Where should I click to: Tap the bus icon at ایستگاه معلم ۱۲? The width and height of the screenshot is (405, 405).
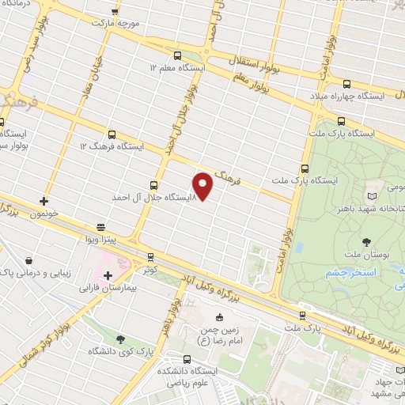pyautogui.click(x=177, y=56)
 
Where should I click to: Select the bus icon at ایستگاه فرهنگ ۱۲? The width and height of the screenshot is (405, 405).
pyautogui.click(x=112, y=134)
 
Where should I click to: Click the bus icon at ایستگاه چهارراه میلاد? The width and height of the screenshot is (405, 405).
pyautogui.click(x=346, y=84)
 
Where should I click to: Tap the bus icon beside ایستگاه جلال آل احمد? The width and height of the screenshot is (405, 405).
pyautogui.click(x=154, y=184)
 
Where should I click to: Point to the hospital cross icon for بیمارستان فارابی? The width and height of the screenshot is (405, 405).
pyautogui.click(x=108, y=275)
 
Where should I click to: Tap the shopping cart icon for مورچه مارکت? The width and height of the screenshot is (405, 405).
pyautogui.click(x=116, y=11)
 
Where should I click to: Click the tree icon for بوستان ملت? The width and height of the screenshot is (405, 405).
pyautogui.click(x=366, y=241)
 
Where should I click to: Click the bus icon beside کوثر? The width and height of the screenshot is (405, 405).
pyautogui.click(x=150, y=258)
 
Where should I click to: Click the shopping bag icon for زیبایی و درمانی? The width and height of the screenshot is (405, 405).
pyautogui.click(x=29, y=259)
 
